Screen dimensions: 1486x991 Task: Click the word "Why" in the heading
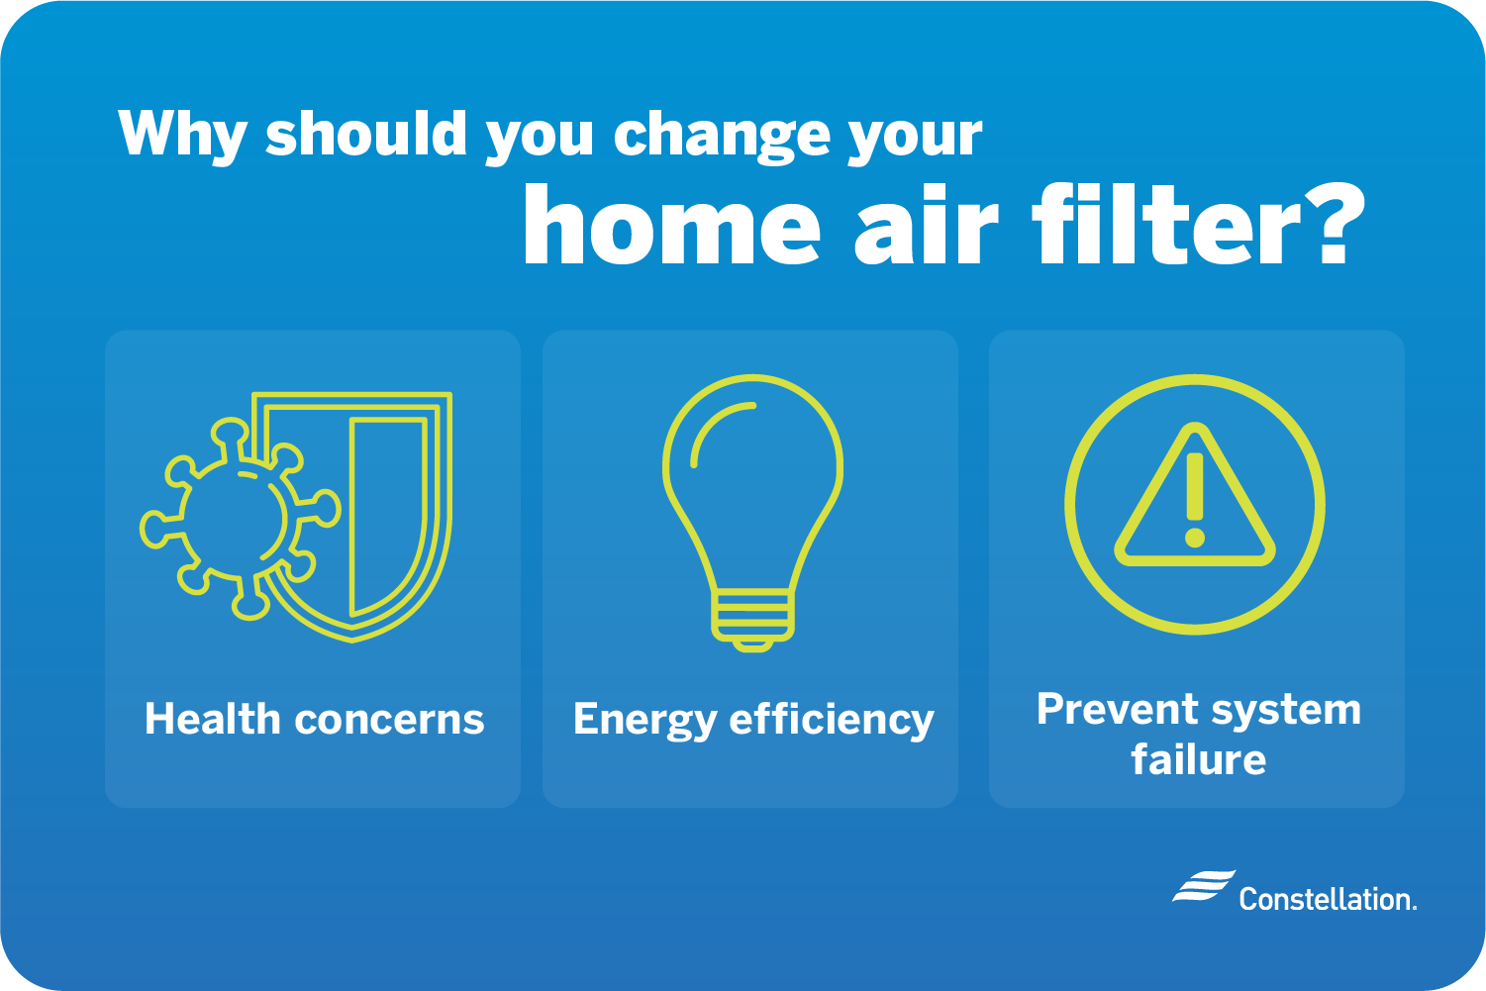tap(182, 136)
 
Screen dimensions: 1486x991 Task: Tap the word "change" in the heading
tap(722, 136)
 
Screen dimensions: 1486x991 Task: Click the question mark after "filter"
tap(1334, 224)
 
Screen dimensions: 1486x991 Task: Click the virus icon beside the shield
tap(240, 519)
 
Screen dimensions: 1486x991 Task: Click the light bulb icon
tap(753, 513)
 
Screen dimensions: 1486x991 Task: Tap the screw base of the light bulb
tap(753, 620)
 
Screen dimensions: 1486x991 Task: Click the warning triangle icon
tap(1195, 495)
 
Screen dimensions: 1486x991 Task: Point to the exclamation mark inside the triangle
tap(1195, 500)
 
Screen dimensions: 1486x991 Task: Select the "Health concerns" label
tap(315, 719)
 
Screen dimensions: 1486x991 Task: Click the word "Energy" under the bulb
tap(644, 721)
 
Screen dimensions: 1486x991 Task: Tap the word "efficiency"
tap(832, 721)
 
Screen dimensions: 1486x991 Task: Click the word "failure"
tap(1199, 758)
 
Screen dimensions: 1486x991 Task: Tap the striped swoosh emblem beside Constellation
tap(1204, 885)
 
